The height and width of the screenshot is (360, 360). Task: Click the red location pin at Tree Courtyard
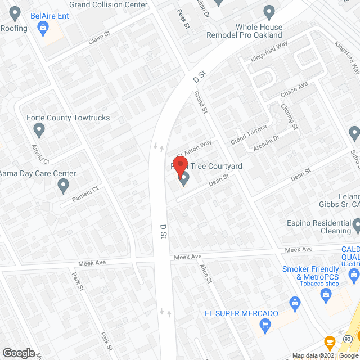click(180, 167)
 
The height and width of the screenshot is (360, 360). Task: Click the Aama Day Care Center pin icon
click(64, 185)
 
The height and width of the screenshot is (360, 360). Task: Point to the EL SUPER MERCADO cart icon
click(265, 325)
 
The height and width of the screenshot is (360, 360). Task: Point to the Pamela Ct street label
click(85, 195)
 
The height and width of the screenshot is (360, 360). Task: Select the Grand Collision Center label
click(109, 5)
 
